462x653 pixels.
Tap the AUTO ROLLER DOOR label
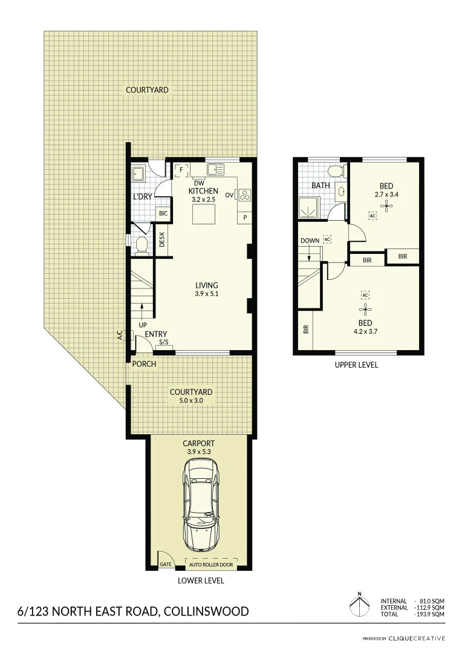pos(211,565)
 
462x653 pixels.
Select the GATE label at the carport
pos(166,565)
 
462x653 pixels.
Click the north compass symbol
pos(359,605)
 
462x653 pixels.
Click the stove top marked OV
pos(246,195)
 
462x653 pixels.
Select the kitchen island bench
pos(203,214)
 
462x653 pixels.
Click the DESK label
pos(162,241)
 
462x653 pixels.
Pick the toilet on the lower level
pos(142,245)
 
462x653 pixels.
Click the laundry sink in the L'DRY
pos(138,175)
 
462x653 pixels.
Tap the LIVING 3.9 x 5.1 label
pos(206,290)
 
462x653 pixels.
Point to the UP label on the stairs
pos(143,325)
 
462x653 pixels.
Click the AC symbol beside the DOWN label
pos(327,239)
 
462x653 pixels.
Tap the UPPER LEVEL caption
pos(356,365)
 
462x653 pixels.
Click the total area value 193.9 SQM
pos(431,614)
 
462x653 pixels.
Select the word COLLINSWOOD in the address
pos(206,611)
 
